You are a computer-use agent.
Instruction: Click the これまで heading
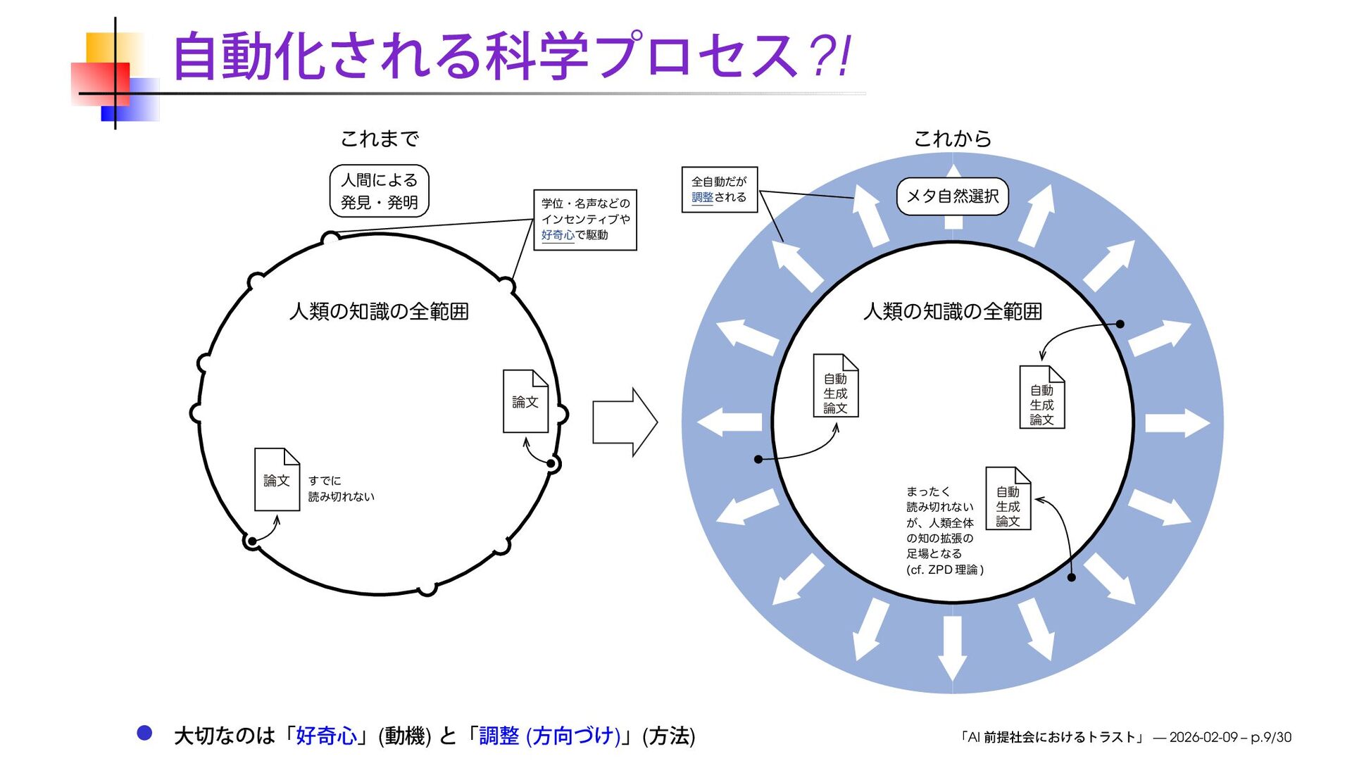[380, 139]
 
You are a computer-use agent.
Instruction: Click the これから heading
[952, 139]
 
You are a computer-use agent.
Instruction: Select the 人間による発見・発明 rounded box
[379, 191]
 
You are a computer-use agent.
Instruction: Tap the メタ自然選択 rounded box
[952, 196]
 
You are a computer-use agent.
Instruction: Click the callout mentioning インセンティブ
[585, 220]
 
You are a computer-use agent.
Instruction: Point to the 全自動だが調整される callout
[719, 189]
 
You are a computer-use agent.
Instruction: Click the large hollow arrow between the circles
[624, 422]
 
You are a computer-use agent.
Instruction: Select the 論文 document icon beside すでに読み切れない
[277, 479]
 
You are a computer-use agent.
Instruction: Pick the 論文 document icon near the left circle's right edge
[525, 401]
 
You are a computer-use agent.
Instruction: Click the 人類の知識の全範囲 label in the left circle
[379, 311]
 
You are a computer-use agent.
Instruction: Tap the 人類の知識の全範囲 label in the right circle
[952, 311]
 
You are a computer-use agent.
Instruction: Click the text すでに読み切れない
[341, 489]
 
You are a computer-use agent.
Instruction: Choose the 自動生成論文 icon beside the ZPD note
[1008, 498]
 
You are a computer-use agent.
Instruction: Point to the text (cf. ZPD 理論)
[944, 570]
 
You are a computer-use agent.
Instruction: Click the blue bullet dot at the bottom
[144, 733]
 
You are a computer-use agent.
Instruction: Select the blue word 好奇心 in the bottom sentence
[326, 736]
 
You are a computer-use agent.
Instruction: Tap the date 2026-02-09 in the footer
[1203, 737]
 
